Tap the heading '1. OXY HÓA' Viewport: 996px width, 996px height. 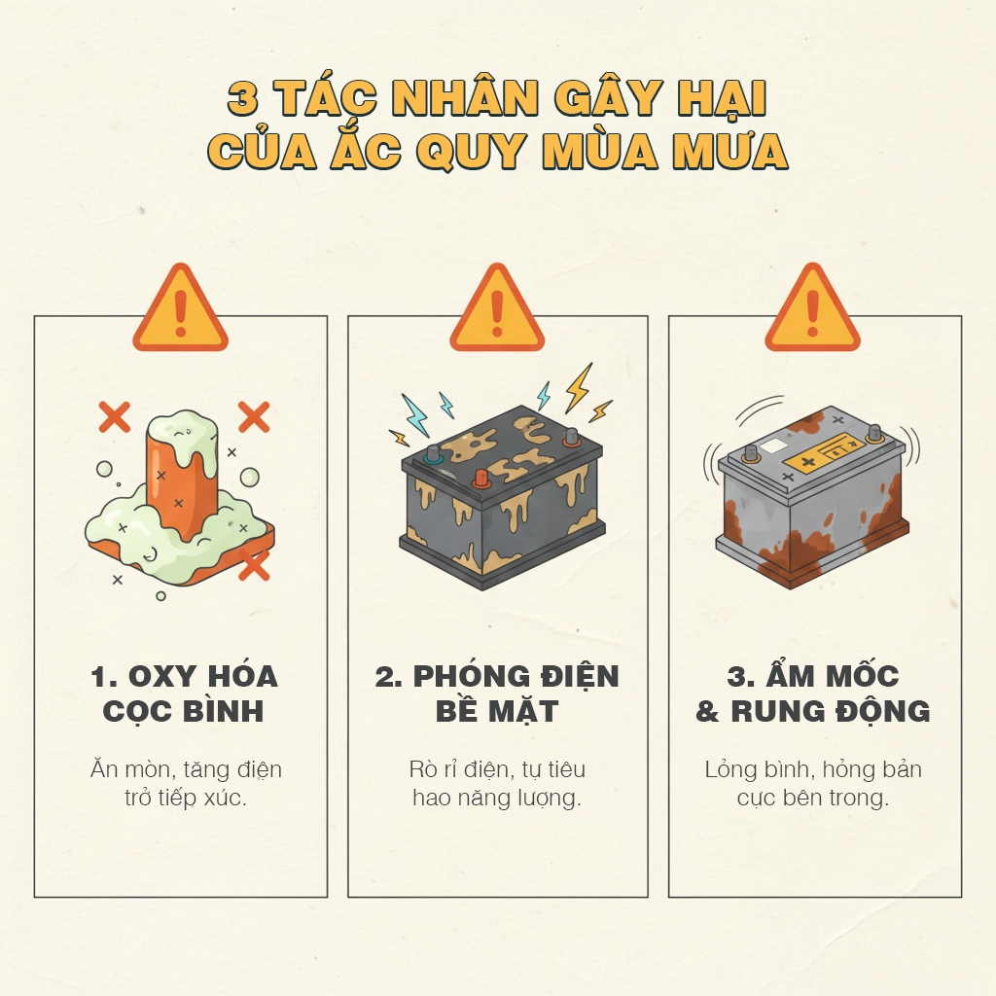click(x=184, y=676)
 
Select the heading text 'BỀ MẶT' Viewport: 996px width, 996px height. click(x=497, y=711)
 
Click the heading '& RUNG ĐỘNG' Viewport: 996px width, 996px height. click(x=813, y=711)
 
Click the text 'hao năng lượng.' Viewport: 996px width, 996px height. click(x=497, y=799)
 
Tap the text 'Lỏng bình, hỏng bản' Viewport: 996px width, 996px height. click(x=813, y=770)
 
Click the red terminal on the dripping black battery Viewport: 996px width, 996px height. click(x=480, y=479)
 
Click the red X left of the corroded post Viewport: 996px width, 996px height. click(x=115, y=417)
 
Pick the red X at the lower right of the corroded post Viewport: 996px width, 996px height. click(x=254, y=564)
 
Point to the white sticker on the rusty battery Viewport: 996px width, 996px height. click(x=775, y=446)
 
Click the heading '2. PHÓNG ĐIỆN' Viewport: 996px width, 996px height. click(x=497, y=676)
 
